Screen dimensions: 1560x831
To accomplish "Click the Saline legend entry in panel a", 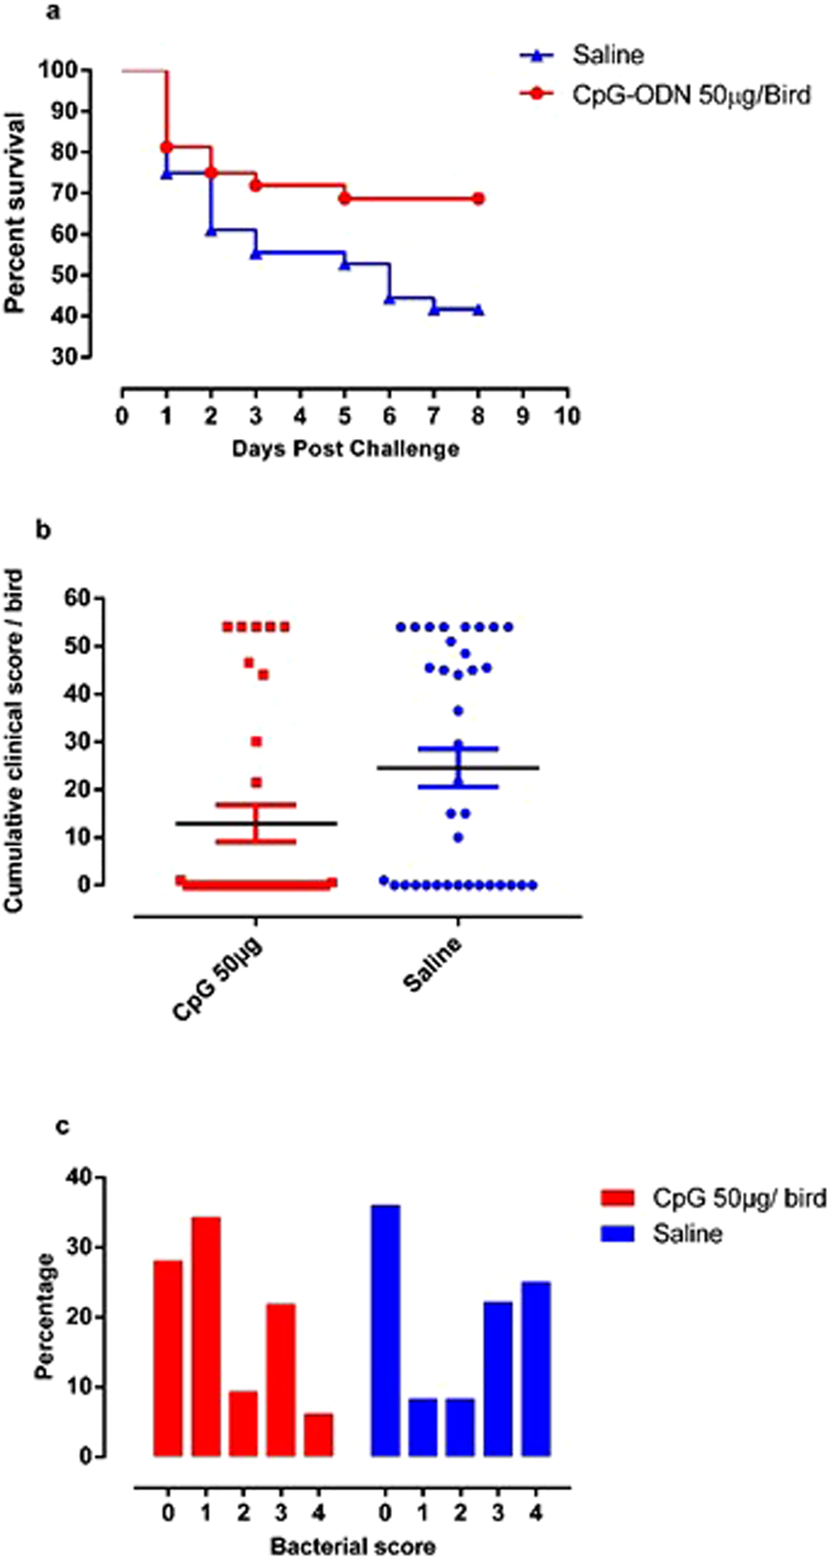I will coord(607,56).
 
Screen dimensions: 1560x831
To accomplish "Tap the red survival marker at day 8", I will coord(478,199).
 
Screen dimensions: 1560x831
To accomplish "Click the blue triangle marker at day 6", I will coord(389,298).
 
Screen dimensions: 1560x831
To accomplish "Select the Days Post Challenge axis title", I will coord(345,449).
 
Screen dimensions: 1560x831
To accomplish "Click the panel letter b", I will coord(44,530).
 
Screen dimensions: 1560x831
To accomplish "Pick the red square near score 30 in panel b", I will coord(257,741).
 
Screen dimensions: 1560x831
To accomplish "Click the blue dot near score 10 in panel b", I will coord(458,837).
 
